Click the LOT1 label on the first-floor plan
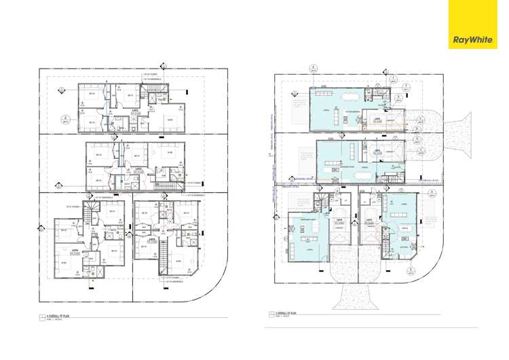(x=136, y=111)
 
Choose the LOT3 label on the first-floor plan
(x=153, y=240)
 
